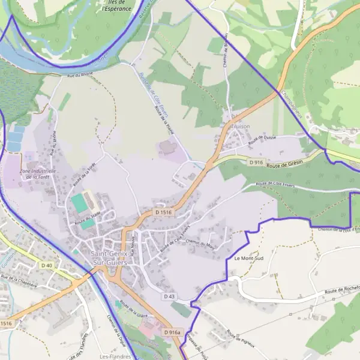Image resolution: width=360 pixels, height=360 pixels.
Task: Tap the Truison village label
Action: [x=239, y=127]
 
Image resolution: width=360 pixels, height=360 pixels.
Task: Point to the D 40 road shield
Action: [x=47, y=265]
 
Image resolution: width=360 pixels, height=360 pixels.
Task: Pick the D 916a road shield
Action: [x=172, y=332]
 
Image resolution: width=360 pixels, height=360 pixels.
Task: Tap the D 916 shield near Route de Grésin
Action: [x=256, y=162]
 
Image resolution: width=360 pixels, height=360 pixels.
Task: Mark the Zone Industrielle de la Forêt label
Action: [x=38, y=174]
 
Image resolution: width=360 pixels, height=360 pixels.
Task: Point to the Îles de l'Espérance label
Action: [x=116, y=6]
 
